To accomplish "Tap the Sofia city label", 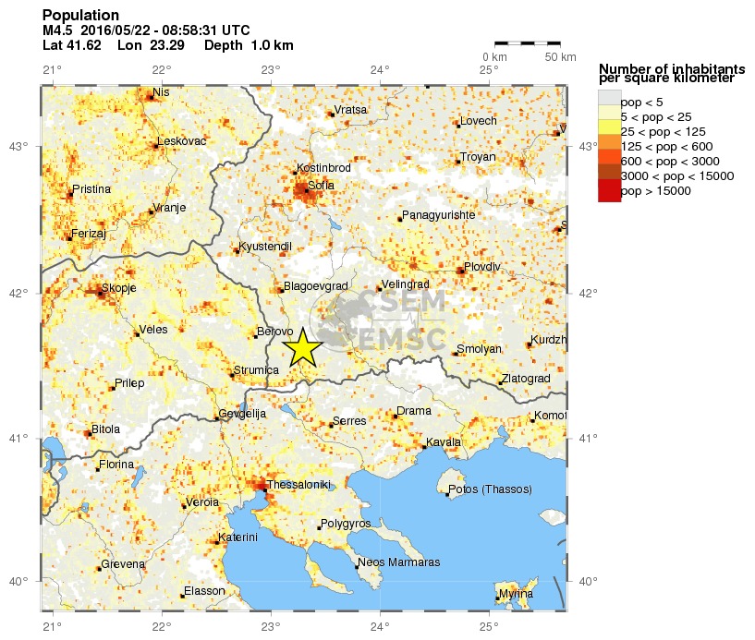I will coord(320,186).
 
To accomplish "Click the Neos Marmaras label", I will coord(398,562).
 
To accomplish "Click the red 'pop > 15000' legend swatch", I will coord(609,190).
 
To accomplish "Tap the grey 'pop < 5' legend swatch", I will coord(609,100).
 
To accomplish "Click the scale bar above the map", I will coord(528,43).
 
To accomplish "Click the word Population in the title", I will coord(80,16).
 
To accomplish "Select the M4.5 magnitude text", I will coord(57,30).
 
